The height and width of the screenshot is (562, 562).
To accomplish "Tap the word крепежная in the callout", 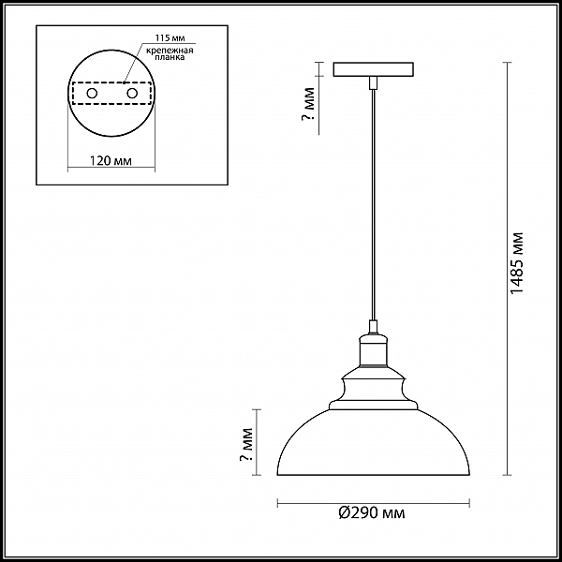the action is pyautogui.click(x=170, y=51).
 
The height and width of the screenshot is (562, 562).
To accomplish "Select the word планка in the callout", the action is pyautogui.click(x=170, y=57).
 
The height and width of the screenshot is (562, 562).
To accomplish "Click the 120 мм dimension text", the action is pyautogui.click(x=111, y=160).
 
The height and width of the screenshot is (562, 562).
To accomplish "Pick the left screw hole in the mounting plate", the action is pyautogui.click(x=92, y=94).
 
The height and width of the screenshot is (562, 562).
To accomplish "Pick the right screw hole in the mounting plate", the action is pyautogui.click(x=132, y=94).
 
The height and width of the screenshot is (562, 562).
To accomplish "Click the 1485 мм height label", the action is pyautogui.click(x=516, y=263).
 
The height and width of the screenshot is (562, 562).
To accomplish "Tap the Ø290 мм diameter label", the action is pyautogui.click(x=372, y=513).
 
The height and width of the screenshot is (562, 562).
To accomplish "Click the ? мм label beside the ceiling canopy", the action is pyautogui.click(x=308, y=104).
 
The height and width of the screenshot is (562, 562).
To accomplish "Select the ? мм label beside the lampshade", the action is pyautogui.click(x=246, y=444).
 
